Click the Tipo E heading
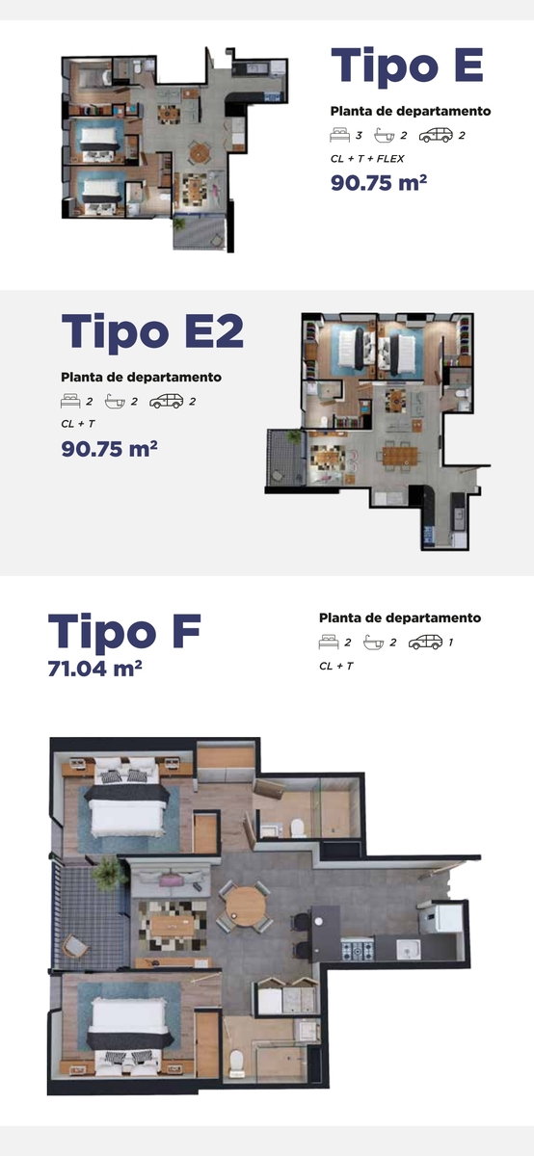click(x=407, y=66)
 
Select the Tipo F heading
click(x=124, y=631)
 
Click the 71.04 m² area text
click(x=95, y=669)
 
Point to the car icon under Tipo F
click(x=425, y=643)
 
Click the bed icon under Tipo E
click(x=340, y=135)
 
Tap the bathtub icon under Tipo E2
click(x=115, y=402)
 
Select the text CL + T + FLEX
click(x=367, y=159)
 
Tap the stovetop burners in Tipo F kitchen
click(x=358, y=951)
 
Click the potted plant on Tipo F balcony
click(x=110, y=873)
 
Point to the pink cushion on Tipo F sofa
click(x=172, y=880)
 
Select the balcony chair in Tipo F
click(x=75, y=946)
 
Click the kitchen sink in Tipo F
click(x=408, y=950)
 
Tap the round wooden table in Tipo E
click(x=200, y=153)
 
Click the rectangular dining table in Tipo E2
click(x=399, y=456)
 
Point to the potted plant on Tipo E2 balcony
click(x=294, y=436)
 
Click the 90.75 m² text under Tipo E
click(x=379, y=183)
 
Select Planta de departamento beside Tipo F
click(x=400, y=617)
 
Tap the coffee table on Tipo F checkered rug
click(x=173, y=925)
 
